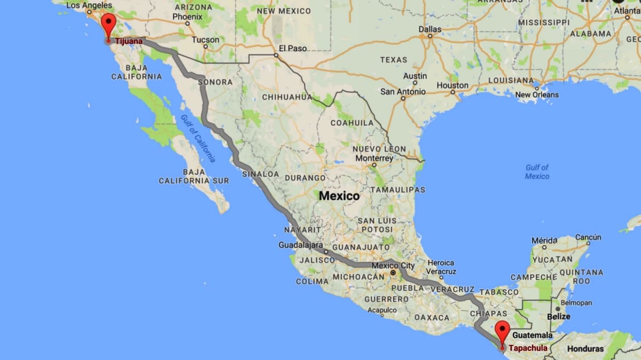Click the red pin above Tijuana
click(x=108, y=25)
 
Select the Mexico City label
click(x=393, y=265)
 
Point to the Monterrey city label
click(x=374, y=159)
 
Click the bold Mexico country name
click(x=339, y=196)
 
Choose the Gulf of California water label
click(x=198, y=138)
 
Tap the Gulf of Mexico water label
click(x=537, y=171)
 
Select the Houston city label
click(x=452, y=85)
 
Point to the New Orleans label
click(x=537, y=95)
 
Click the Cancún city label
click(x=588, y=237)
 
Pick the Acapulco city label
click(x=381, y=310)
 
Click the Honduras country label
click(x=585, y=349)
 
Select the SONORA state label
click(x=215, y=82)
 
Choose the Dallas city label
click(x=430, y=29)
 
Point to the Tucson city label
click(x=206, y=40)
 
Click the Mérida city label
click(x=544, y=240)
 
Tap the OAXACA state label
click(x=432, y=317)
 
